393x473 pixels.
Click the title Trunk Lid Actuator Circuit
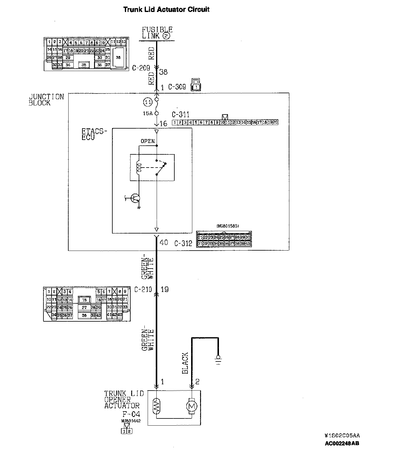pos(166,9)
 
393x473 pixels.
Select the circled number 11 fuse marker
pos(147,103)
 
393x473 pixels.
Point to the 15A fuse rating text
pos(148,114)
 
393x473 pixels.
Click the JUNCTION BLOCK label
pos(46,100)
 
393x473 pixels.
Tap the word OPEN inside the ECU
pos(148,141)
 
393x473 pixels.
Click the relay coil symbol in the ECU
pos(139,168)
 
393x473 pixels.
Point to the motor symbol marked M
pos(191,406)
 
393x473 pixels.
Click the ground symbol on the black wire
pos(218,359)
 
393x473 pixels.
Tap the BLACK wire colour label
pos(185,363)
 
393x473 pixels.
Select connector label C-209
pos(141,68)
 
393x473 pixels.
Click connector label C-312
pos(183,243)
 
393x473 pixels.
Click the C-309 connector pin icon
pos(196,85)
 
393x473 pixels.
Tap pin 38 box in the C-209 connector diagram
pos(118,57)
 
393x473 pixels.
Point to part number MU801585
pos(227,226)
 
